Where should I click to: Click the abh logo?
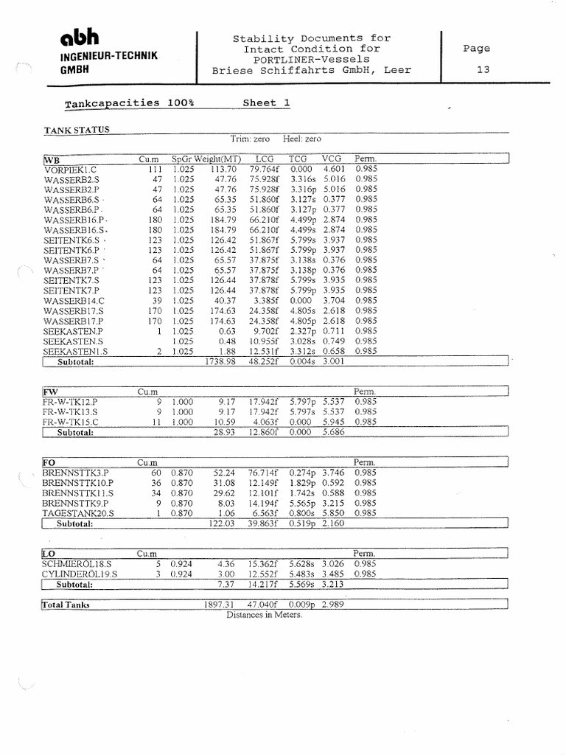pos(75,38)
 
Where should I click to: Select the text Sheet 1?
pos(266,103)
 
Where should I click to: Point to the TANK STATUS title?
pos(77,130)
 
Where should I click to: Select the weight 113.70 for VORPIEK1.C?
pos(221,168)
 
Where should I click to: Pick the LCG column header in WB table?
pos(264,159)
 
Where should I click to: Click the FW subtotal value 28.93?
pos(224,433)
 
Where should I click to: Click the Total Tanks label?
pos(66,605)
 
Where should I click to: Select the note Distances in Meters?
pos(264,614)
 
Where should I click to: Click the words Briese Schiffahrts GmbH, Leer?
pos(312,71)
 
